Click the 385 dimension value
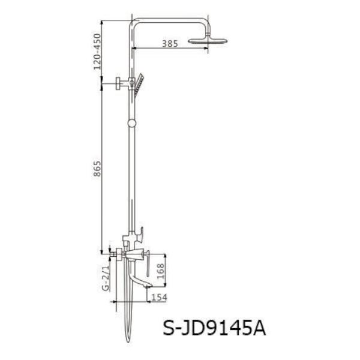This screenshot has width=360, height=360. click(x=170, y=43)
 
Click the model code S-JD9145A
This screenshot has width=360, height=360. click(x=214, y=329)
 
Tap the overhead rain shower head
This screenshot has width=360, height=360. click(x=208, y=40)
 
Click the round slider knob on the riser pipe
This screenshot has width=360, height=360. click(x=132, y=124)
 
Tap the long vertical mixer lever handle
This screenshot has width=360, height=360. click(x=145, y=262)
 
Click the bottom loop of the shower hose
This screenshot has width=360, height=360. click(x=128, y=339)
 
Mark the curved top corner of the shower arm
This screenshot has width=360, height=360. click(x=133, y=23)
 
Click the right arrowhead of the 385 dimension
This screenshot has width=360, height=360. click(x=206, y=48)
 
